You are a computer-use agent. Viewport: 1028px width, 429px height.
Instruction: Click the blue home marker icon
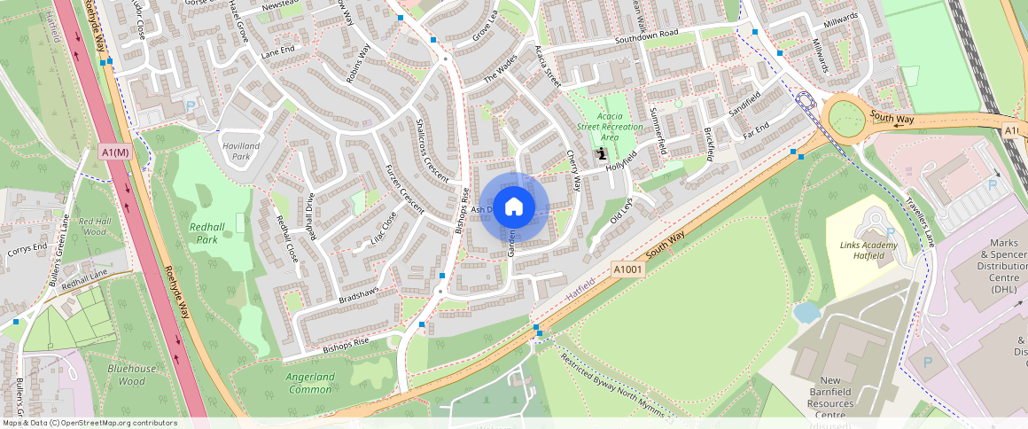[x=514, y=207]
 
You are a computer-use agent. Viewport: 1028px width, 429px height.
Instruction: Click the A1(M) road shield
[x=115, y=152]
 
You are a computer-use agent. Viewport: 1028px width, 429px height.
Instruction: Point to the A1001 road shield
[x=627, y=268]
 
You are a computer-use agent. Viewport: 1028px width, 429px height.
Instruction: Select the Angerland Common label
[x=310, y=382]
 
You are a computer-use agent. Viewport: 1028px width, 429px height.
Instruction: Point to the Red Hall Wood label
[x=93, y=226]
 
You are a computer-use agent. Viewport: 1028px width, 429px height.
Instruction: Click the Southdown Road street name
[x=646, y=37]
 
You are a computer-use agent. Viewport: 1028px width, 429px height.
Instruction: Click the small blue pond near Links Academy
[x=806, y=312]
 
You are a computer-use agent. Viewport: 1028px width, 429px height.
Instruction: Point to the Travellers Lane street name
[x=923, y=222]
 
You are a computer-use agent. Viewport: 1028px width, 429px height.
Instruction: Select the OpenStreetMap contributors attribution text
[x=90, y=423]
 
